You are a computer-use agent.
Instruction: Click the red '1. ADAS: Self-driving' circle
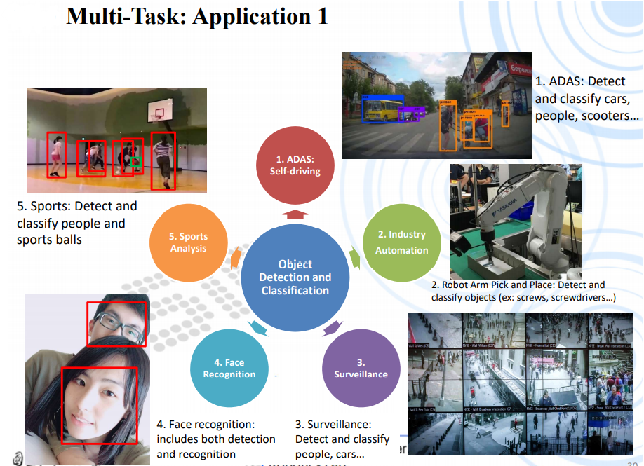pyautogui.click(x=295, y=165)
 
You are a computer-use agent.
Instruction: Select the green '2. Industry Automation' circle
pyautogui.click(x=402, y=242)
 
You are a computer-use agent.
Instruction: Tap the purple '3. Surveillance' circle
pyautogui.click(x=361, y=368)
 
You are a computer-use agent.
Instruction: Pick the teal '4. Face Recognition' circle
pyautogui.click(x=229, y=368)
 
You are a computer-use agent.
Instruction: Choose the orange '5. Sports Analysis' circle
pyautogui.click(x=188, y=242)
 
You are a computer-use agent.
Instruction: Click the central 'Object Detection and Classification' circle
pyautogui.click(x=295, y=277)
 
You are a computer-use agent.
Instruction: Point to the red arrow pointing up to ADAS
pyautogui.click(x=295, y=214)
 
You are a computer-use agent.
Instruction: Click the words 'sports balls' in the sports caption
pyautogui.click(x=50, y=240)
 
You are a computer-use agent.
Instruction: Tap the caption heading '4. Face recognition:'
pyautogui.click(x=205, y=424)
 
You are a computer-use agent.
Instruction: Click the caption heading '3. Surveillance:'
pyautogui.click(x=333, y=424)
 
